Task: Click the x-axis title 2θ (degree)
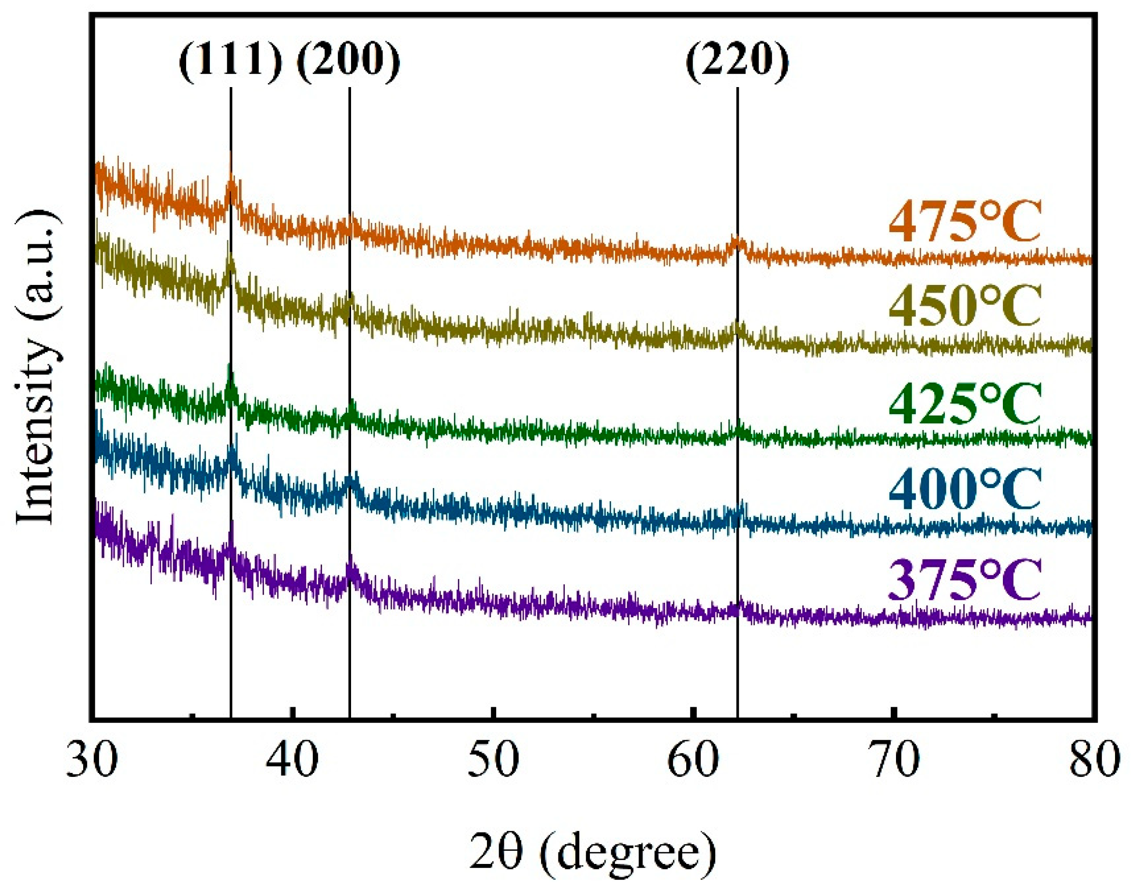coord(592,851)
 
